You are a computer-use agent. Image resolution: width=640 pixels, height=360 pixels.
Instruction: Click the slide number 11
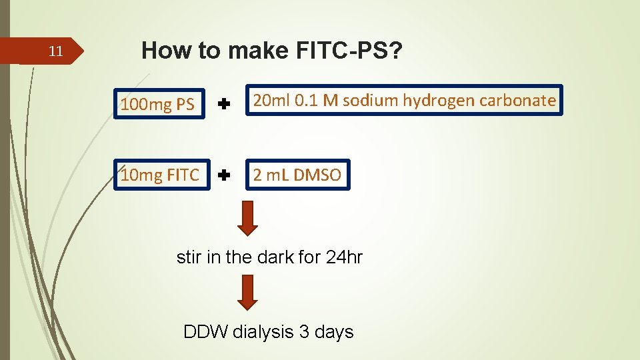57,51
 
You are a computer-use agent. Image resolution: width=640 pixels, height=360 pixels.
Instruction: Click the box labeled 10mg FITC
160,175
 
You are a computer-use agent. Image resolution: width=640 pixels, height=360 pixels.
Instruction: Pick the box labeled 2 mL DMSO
297,175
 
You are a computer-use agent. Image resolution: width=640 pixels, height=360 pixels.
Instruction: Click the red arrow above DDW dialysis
247,293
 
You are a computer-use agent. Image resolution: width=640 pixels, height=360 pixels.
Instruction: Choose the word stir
189,257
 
